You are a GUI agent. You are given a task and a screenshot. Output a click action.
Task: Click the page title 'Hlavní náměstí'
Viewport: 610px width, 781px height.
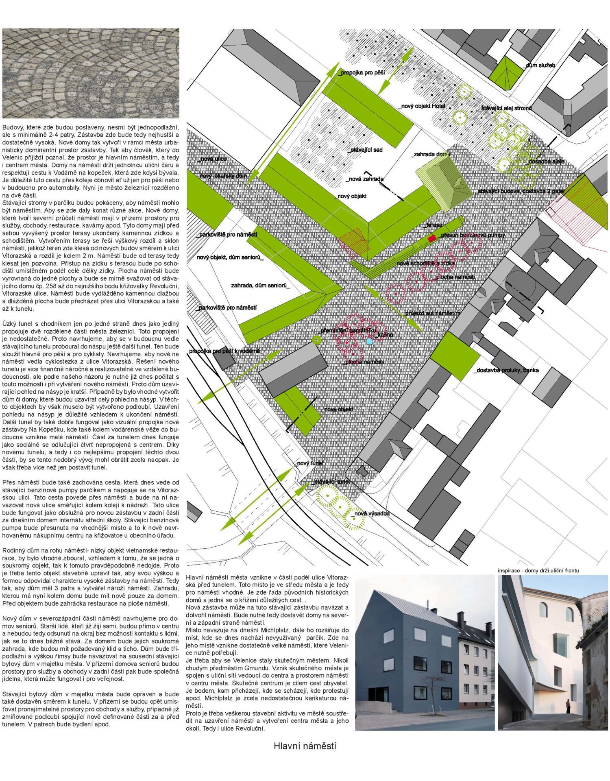pyautogui.click(x=305, y=746)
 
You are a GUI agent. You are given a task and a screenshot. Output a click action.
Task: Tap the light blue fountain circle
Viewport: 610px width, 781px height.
pyautogui.click(x=369, y=341)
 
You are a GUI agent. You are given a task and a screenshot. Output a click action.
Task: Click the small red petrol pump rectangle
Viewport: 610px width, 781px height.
pyautogui.click(x=432, y=237)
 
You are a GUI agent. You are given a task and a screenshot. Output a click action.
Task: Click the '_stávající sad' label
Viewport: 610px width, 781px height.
pyautogui.click(x=365, y=150)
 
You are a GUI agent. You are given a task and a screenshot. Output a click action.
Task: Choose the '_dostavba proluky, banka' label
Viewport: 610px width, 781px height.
pyautogui.click(x=506, y=370)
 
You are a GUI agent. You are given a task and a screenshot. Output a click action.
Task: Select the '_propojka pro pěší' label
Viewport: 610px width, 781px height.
pyautogui.click(x=361, y=73)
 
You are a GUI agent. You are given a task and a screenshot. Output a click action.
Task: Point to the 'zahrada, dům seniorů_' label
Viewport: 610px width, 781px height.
pyautogui.click(x=260, y=286)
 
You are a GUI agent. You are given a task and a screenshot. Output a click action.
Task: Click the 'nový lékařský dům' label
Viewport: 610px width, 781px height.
pyautogui.click(x=223, y=176)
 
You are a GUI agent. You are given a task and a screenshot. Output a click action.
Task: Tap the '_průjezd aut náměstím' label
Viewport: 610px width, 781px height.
pyautogui.click(x=432, y=314)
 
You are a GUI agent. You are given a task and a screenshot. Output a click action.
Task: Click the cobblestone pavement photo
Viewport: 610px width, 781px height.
pyautogui.click(x=90, y=73)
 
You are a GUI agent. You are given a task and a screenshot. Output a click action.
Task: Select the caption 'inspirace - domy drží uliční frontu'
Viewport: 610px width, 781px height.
pyautogui.click(x=538, y=571)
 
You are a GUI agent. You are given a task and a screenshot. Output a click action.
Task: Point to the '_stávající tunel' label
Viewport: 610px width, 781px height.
pyautogui.click(x=330, y=482)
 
